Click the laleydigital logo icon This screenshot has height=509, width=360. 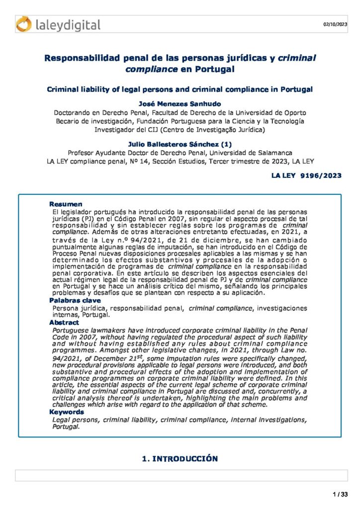23,24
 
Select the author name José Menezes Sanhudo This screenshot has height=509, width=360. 180,103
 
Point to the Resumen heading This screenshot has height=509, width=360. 66,204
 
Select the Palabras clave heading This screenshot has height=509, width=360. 75,300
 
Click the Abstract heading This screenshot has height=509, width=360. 64,323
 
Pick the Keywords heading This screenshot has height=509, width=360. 67,412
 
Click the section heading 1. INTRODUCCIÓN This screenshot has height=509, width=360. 180,458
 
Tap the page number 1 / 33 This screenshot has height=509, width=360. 340,494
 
